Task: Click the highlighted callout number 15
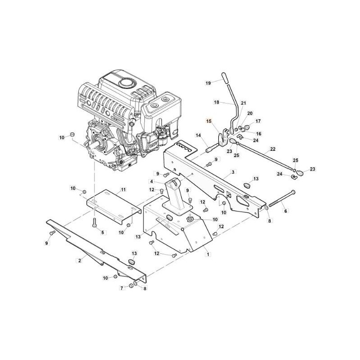click(208, 121)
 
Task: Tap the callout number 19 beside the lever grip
click(208, 83)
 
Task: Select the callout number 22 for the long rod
click(273, 149)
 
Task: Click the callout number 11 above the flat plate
click(123, 189)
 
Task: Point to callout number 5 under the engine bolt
click(103, 233)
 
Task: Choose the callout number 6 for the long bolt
click(286, 211)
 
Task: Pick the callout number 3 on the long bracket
click(233, 172)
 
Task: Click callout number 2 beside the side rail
click(80, 261)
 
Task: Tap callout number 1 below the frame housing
click(208, 254)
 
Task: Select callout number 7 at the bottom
click(122, 288)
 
